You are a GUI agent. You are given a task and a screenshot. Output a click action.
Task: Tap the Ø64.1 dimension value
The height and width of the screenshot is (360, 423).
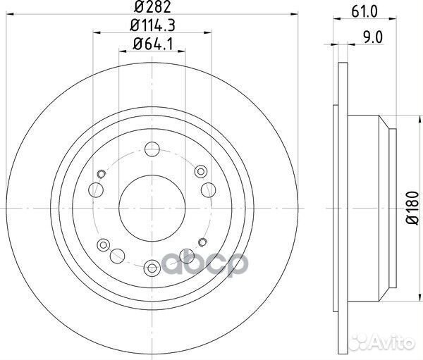click(152, 47)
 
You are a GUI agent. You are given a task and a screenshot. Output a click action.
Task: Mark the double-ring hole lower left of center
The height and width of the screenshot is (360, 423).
click(104, 244)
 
